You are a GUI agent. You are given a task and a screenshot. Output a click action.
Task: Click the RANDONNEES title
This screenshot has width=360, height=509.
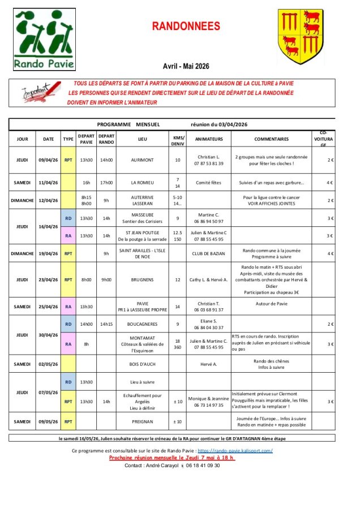click(x=186, y=27)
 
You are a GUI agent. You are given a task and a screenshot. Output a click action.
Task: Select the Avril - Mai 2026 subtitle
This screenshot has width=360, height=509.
click(x=186, y=66)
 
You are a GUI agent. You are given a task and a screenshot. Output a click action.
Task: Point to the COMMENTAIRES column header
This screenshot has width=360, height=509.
click(x=271, y=139)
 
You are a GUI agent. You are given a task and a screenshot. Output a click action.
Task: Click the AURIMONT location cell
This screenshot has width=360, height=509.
click(x=142, y=160)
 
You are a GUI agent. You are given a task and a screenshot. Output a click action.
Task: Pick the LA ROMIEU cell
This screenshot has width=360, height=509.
click(x=142, y=183)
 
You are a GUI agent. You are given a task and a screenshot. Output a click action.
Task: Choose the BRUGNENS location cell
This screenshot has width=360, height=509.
click(x=142, y=279)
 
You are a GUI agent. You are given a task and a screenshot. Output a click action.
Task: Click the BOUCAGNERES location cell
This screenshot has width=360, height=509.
click(x=142, y=324)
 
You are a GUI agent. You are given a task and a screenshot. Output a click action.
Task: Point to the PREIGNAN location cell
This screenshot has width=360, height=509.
click(x=142, y=421)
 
